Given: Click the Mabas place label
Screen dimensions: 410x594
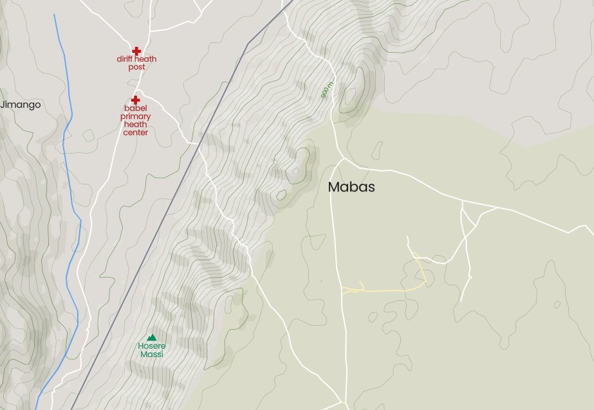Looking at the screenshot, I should [351, 188].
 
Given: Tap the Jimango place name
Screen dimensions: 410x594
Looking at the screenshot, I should [21, 105].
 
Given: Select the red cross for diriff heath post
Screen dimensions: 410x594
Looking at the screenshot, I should [136, 51].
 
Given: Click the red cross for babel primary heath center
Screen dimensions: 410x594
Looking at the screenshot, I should [136, 100].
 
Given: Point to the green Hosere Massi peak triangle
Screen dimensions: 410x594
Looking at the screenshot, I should [152, 337].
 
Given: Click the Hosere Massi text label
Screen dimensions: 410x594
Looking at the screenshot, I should [151, 350].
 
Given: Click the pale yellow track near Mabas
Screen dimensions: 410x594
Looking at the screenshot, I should [386, 289].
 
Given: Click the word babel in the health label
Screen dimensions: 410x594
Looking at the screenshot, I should [136, 109].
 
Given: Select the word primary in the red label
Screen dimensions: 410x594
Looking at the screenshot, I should [136, 117].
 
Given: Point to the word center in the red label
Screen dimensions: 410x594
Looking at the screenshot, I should [136, 133].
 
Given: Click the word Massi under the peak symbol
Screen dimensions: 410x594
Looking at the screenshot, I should [152, 355].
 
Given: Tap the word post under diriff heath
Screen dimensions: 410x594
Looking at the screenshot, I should [136, 67].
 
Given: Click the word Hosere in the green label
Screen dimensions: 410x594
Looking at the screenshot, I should [151, 346].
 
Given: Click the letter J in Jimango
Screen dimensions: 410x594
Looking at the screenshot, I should [3, 105].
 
